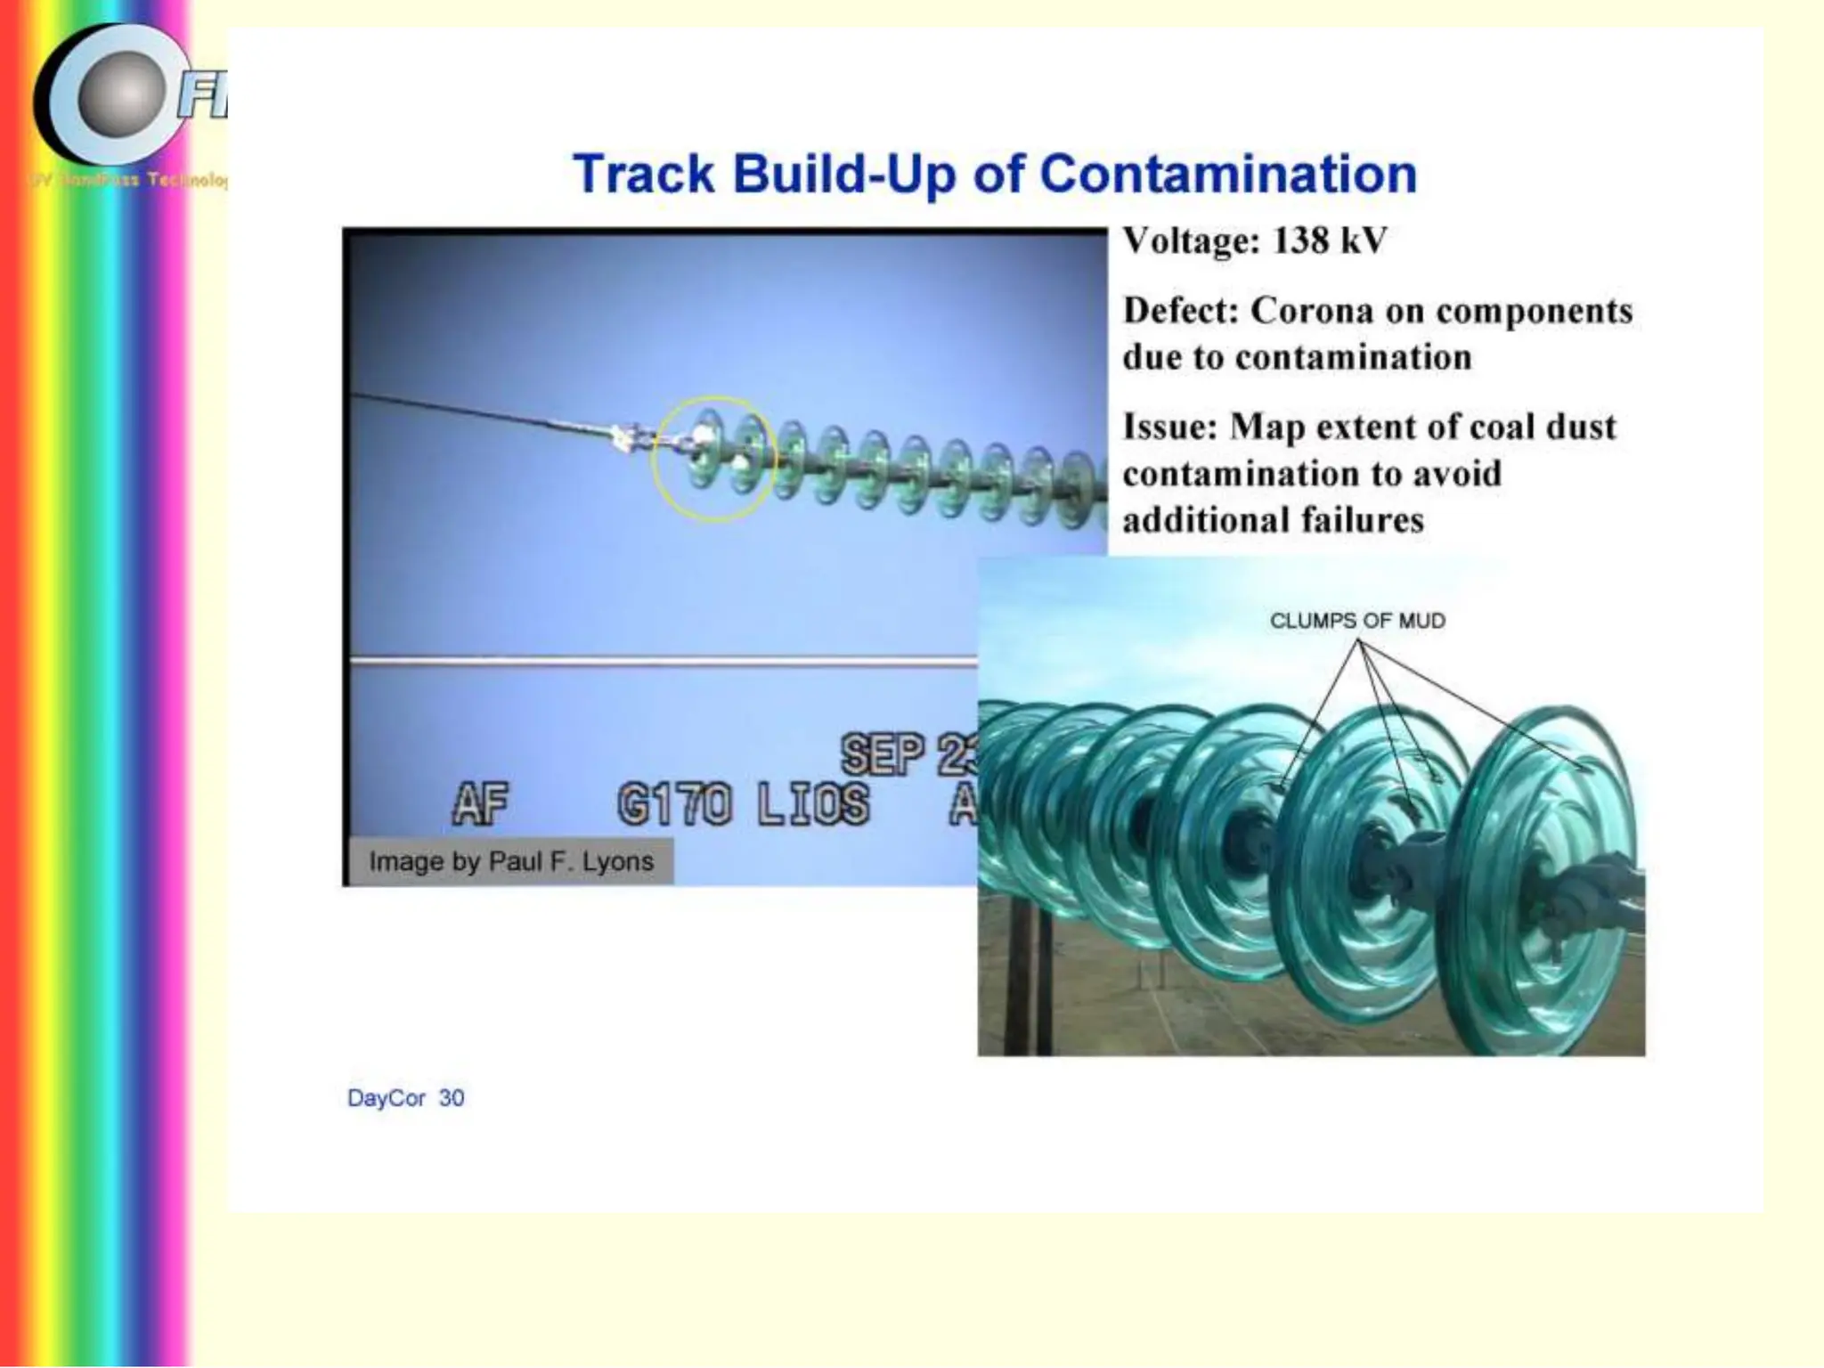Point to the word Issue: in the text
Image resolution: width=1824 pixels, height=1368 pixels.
(1169, 427)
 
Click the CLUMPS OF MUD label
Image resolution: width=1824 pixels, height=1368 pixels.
(1356, 621)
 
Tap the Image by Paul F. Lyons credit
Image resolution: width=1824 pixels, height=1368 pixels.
(510, 861)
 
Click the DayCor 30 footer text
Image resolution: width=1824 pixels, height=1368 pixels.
(405, 1098)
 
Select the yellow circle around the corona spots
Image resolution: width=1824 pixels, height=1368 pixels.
(713, 459)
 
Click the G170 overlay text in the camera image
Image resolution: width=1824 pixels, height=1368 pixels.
(674, 804)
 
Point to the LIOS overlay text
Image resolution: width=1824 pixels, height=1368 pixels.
(813, 804)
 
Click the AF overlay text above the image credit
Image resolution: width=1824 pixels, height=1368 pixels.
(480, 804)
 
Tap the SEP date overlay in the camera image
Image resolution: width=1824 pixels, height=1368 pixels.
(882, 754)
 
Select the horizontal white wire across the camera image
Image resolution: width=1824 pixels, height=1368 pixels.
(659, 662)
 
